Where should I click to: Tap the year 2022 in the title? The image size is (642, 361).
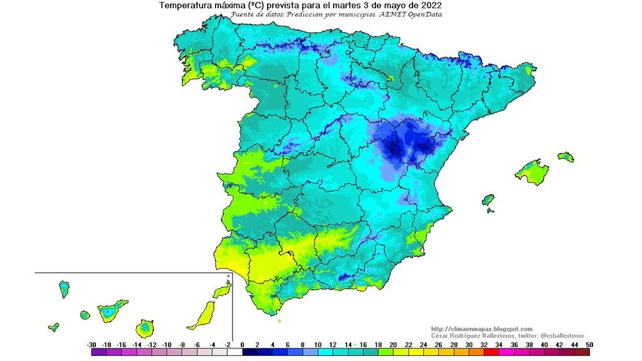pos(431,6)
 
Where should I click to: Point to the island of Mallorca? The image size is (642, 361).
pos(532,171)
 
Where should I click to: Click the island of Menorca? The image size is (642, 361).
pos(566,156)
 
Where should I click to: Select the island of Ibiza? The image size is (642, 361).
pos(488,201)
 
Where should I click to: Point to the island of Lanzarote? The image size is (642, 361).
pos(221,291)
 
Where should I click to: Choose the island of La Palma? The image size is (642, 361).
pos(64,289)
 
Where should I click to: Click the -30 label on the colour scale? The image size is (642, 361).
pos(92,345)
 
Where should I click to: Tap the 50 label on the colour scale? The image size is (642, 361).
pos(589,345)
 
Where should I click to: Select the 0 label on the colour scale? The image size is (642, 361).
pos(242,345)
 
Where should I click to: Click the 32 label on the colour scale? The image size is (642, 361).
pos(484,345)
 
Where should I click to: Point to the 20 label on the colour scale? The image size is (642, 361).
pos(393,345)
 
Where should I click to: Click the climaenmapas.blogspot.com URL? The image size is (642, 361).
pos(481,329)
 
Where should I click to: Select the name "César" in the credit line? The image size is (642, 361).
pos(441,336)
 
